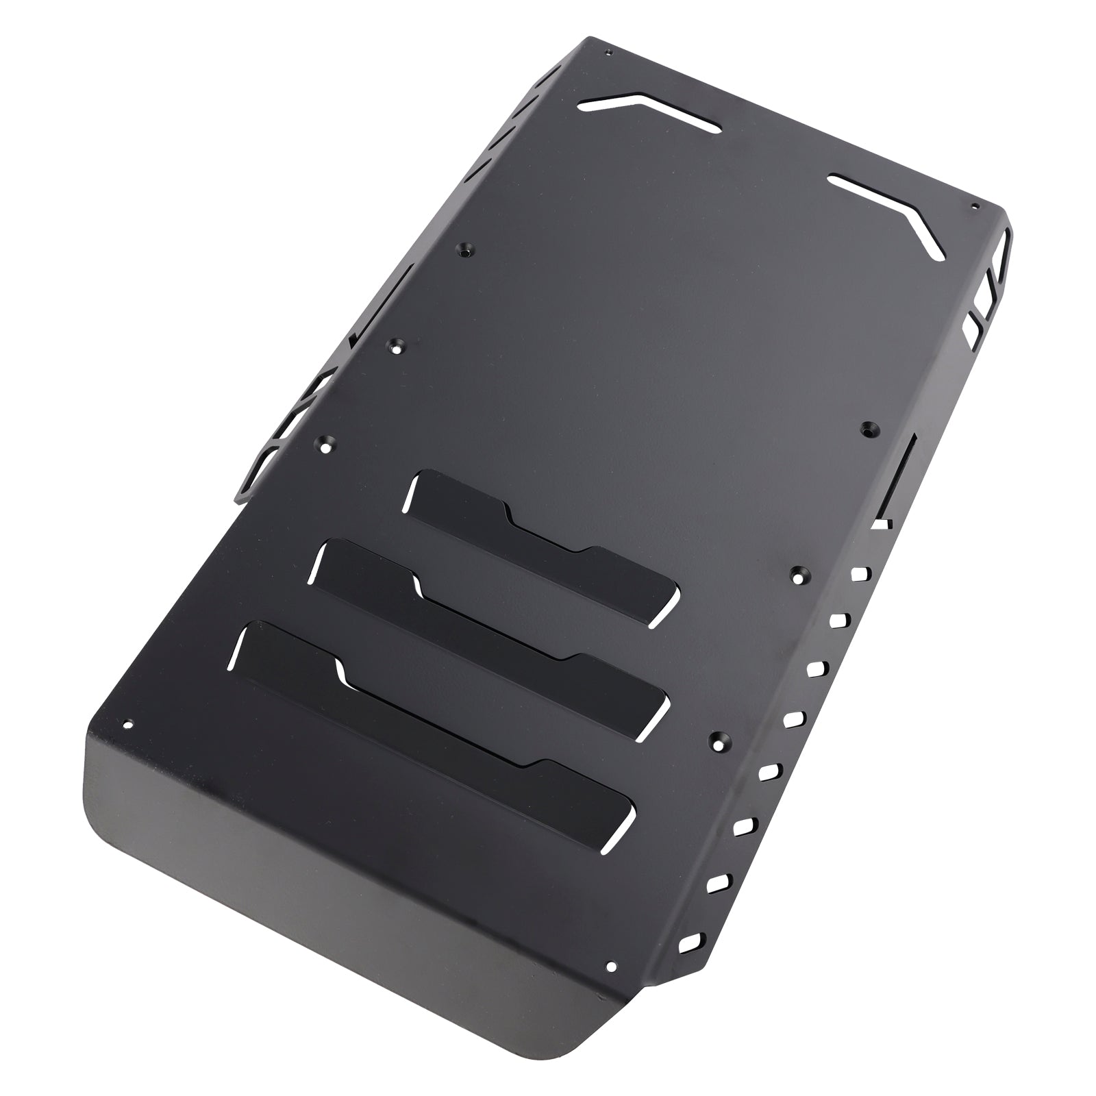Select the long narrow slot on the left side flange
(x=384, y=301)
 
